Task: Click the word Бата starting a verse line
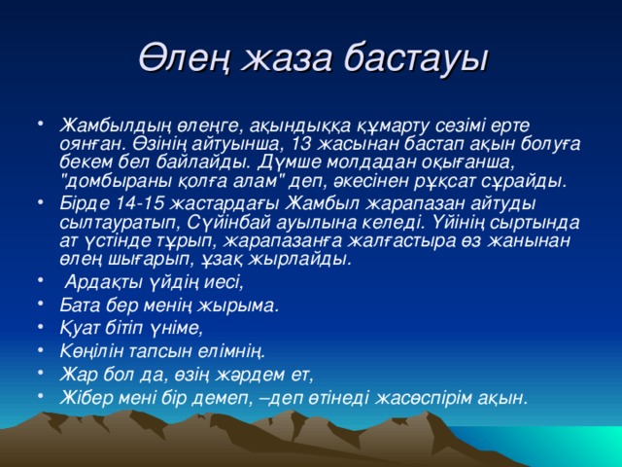pos(80,305)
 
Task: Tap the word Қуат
pos(80,327)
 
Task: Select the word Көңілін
pos(93,350)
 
